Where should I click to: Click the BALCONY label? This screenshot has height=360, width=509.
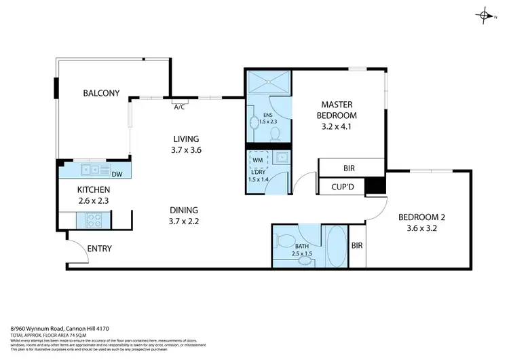102,93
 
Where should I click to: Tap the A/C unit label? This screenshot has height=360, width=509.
180,107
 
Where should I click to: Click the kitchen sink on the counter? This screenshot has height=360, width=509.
90,170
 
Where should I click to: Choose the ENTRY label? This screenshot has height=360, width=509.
99,249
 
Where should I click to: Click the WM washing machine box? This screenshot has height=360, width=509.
257,160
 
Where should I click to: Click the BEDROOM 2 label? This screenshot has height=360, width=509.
421,217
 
